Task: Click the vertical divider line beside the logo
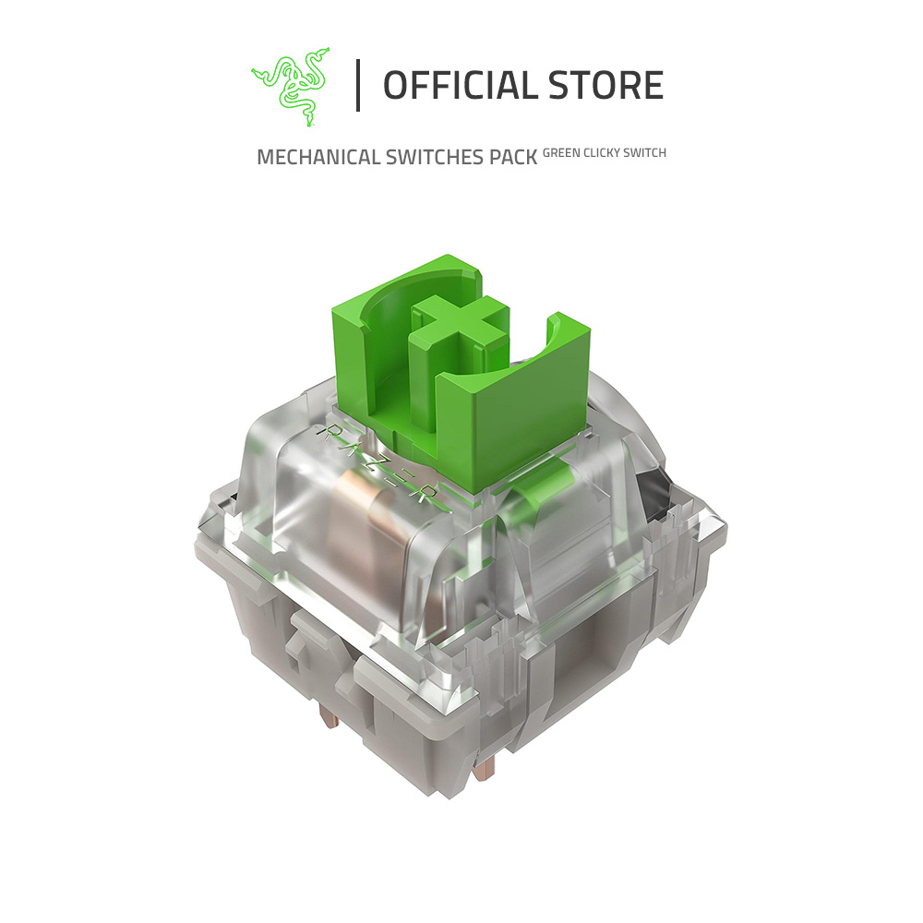tap(358, 86)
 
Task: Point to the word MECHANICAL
tap(318, 157)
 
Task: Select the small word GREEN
tap(560, 152)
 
